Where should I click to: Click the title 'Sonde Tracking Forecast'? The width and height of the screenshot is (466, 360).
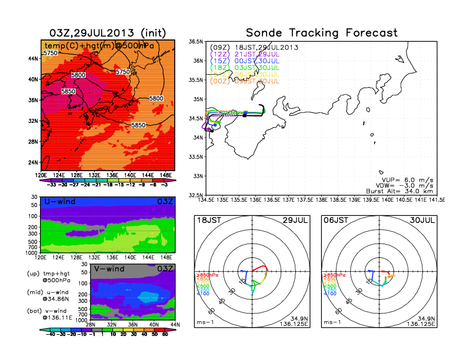pyautogui.click(x=321, y=33)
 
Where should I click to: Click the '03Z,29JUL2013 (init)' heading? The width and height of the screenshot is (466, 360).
pyautogui.click(x=106, y=33)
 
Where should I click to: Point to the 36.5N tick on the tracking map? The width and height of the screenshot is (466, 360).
pyautogui.click(x=196, y=42)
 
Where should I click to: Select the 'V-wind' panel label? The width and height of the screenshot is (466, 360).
pyautogui.click(x=111, y=269)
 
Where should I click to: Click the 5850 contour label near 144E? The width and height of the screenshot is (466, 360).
pyautogui.click(x=139, y=125)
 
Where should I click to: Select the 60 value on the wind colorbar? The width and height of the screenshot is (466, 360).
pyautogui.click(x=165, y=333)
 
